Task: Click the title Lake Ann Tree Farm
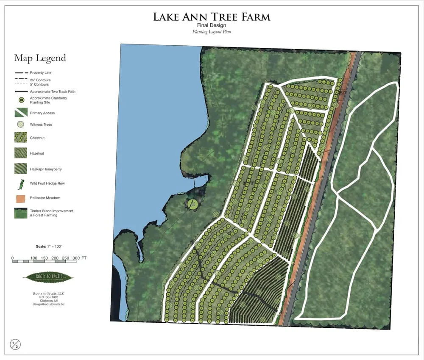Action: [x=211, y=17]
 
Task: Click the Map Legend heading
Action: [x=40, y=58]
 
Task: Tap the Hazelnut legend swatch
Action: [x=21, y=153]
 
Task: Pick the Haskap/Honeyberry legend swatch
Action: [x=21, y=169]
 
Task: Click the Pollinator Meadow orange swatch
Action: [x=21, y=197]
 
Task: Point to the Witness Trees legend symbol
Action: [x=21, y=125]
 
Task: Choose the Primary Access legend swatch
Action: [x=21, y=113]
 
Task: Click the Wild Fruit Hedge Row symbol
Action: [x=20, y=184]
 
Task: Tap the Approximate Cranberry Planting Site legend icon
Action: [x=21, y=100]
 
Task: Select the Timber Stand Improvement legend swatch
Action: [x=21, y=213]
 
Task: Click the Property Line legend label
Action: [x=40, y=73]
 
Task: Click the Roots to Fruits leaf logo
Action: [x=49, y=278]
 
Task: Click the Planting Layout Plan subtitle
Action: [x=211, y=32]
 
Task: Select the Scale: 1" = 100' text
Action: [x=49, y=246]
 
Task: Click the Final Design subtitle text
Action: [x=211, y=25]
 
